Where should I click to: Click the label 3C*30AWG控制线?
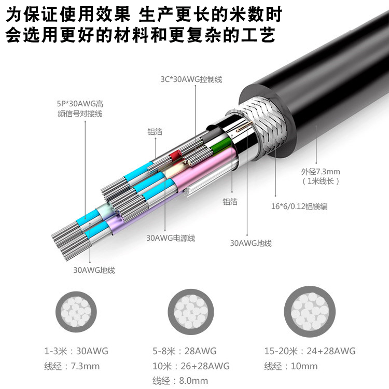(x=191, y=79)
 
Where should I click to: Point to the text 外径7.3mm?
(x=321, y=172)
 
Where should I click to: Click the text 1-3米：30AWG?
(x=77, y=351)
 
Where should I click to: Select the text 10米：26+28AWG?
(x=191, y=366)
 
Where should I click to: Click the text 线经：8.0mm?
(x=180, y=381)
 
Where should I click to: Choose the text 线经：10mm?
(x=290, y=366)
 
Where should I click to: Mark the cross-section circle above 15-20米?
(x=310, y=309)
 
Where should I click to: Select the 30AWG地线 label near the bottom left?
(x=94, y=270)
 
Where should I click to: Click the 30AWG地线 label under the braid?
(x=251, y=243)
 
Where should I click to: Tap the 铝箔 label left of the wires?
(x=155, y=132)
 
